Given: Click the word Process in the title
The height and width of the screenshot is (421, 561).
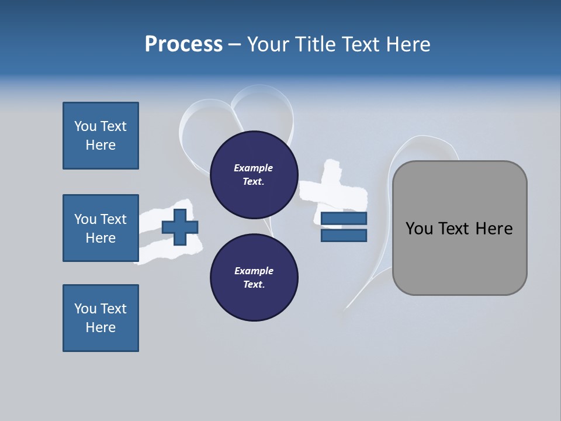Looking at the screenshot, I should click(183, 44).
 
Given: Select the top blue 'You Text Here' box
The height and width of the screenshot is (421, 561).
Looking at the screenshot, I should click(101, 136).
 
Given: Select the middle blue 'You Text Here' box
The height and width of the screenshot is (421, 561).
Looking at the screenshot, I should click(101, 228).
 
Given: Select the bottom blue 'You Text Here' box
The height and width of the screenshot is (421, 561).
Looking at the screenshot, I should click(101, 318).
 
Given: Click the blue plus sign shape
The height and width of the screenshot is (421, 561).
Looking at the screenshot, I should click(180, 227).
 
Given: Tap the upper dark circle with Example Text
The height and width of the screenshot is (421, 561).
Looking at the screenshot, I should click(254, 175).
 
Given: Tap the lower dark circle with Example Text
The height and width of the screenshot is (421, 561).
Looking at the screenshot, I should click(254, 277).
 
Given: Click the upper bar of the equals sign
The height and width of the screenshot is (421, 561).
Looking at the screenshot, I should click(344, 219).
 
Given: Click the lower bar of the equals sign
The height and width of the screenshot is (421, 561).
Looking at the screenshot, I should click(344, 236).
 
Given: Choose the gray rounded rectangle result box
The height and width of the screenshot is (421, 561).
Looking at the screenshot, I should click(459, 257).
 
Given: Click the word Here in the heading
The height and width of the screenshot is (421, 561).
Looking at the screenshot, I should click(408, 44).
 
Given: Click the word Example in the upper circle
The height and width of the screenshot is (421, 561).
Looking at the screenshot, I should click(254, 168).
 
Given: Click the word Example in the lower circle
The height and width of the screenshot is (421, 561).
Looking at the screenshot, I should click(254, 271).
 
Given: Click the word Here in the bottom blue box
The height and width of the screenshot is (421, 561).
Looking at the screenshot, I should click(101, 327).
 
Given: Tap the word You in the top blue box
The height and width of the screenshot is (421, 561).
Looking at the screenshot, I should click(85, 126).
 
